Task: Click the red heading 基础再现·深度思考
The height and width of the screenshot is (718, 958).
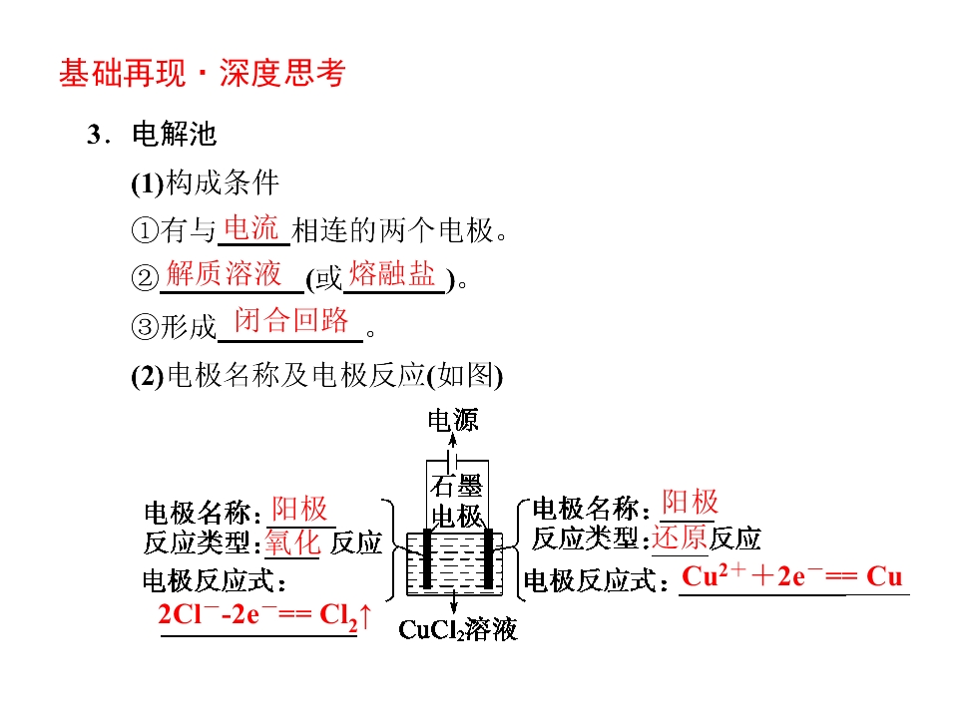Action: click(203, 73)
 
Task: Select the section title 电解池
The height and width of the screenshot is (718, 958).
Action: click(174, 135)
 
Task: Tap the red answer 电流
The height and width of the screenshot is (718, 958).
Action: click(251, 228)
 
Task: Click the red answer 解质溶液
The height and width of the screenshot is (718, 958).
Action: click(224, 273)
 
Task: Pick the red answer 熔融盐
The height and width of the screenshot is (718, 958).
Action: click(391, 273)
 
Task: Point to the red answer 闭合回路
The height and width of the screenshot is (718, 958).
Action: click(291, 320)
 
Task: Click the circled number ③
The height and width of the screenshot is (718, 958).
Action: click(145, 327)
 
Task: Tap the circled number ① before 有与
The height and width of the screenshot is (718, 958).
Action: click(145, 230)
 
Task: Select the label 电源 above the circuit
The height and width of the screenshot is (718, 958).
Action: click(453, 420)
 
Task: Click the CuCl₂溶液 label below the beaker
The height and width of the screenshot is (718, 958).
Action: click(458, 629)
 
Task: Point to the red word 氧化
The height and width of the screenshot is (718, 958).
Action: click(292, 542)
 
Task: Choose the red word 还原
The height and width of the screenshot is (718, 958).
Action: click(680, 538)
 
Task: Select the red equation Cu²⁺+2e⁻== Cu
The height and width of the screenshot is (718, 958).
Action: click(791, 575)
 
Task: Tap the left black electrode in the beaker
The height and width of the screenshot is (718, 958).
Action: click(427, 558)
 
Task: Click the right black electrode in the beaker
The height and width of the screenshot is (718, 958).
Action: click(488, 558)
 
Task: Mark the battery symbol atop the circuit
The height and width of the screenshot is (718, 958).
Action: click(453, 460)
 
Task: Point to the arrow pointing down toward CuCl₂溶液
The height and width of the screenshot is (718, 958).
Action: click(454, 601)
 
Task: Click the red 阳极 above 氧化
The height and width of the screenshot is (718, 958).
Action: click(299, 509)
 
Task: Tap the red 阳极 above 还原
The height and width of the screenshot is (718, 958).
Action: click(690, 502)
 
